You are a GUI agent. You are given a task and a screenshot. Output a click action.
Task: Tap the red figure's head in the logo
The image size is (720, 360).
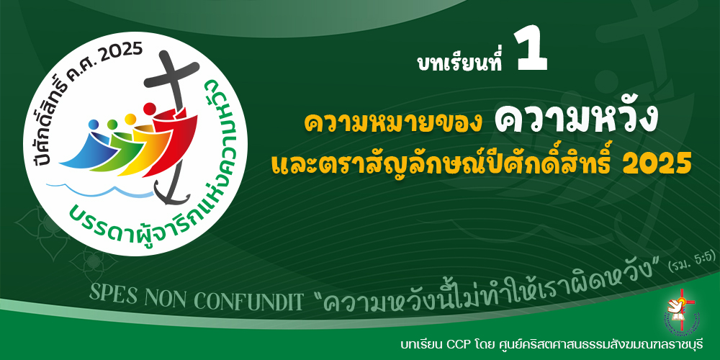tap(149, 109)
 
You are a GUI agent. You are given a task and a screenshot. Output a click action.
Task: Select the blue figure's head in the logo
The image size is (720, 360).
tap(93, 125)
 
